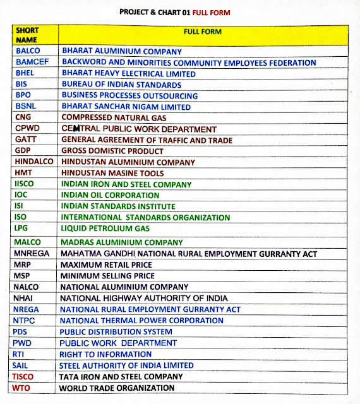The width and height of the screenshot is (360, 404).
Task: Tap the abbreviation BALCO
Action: pyautogui.click(x=28, y=52)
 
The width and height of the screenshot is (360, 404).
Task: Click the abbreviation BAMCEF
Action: pyautogui.click(x=32, y=62)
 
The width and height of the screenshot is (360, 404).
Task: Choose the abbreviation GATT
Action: pyautogui.click(x=26, y=140)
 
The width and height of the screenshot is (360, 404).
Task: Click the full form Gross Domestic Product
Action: pyautogui.click(x=112, y=151)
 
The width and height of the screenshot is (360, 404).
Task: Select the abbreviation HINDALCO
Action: pyautogui.click(x=33, y=162)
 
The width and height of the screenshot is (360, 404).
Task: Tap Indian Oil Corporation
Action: pyautogui.click(x=110, y=196)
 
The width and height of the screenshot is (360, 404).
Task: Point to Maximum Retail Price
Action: pyautogui.click(x=106, y=265)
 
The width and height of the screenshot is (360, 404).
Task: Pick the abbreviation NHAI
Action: pyautogui.click(x=25, y=298)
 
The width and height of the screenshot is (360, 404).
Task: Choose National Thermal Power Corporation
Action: pyautogui.click(x=141, y=321)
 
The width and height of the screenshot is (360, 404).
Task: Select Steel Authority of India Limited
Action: pyautogui.click(x=126, y=365)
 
